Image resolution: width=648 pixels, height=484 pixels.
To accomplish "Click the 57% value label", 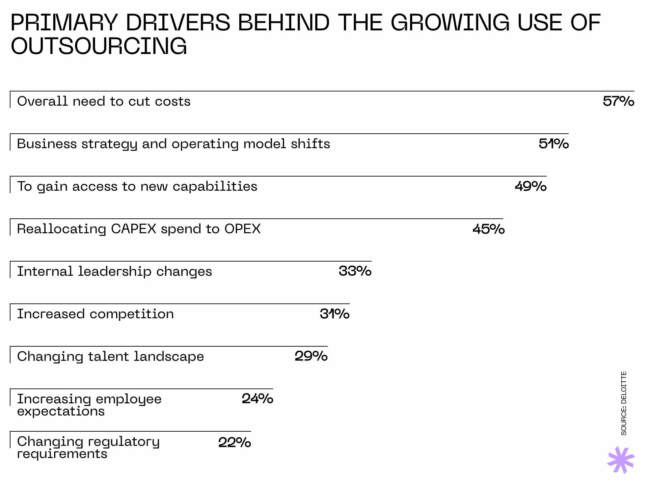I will (x=618, y=101).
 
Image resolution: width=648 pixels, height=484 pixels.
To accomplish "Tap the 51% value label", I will (x=553, y=144).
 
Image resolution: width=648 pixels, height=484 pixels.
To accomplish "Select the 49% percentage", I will (x=530, y=186).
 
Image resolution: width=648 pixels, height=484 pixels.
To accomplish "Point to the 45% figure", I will (x=488, y=229).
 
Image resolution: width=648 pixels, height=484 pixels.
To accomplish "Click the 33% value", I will (x=355, y=271).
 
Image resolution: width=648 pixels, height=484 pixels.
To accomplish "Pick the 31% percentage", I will (x=334, y=314).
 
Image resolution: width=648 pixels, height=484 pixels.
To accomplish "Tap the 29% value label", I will (x=311, y=356).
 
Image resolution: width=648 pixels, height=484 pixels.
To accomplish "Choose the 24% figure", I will (x=257, y=399).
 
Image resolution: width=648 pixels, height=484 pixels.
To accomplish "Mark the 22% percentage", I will (x=235, y=442).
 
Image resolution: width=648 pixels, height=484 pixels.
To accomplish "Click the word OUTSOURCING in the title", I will (x=99, y=46).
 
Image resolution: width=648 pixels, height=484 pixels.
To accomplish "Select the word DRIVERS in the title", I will (x=178, y=23).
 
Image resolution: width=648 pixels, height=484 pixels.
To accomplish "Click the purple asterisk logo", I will (x=621, y=460).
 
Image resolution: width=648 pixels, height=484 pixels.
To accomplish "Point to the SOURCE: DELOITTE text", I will (x=624, y=403).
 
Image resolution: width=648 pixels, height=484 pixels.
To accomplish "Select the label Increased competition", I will (x=96, y=314).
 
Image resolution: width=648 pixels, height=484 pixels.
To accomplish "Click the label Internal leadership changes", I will (x=114, y=271).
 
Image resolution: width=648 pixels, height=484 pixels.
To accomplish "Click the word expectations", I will (x=61, y=411).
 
